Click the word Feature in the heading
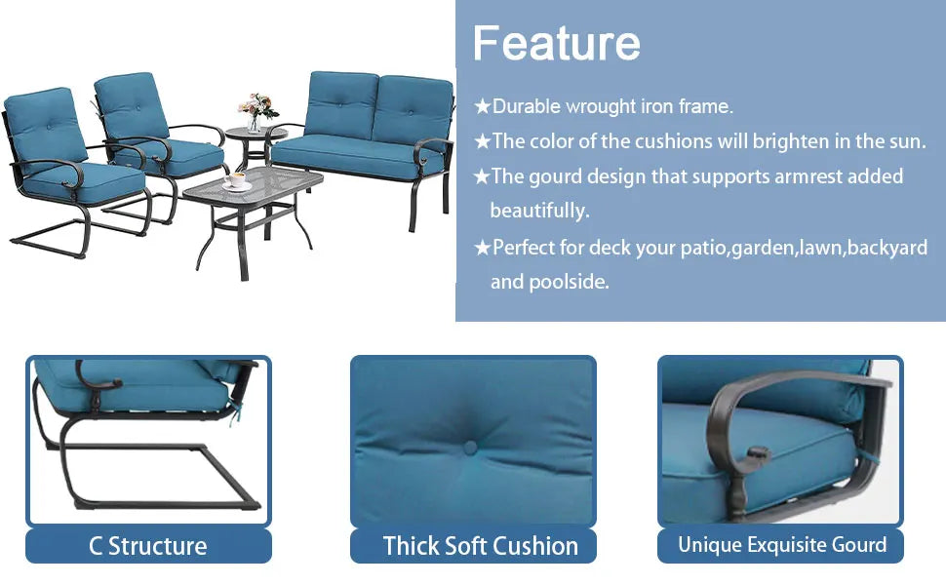coord(556,43)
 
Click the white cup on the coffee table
coord(237,181)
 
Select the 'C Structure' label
coord(148,546)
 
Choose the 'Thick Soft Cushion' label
coord(480,546)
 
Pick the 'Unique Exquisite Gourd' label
coord(782,545)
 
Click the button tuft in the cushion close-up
coord(470,448)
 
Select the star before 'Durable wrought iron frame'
coord(482,106)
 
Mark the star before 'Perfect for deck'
coord(482,248)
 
